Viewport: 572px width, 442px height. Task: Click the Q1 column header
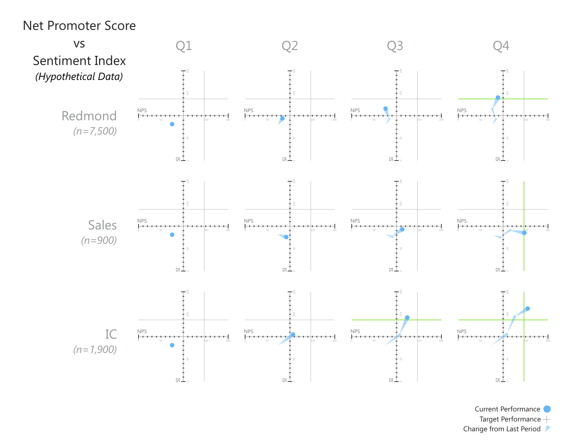(x=184, y=46)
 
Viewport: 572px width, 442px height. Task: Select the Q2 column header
(x=290, y=46)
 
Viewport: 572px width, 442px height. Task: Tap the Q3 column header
(x=395, y=46)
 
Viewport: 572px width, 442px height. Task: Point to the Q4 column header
(x=501, y=46)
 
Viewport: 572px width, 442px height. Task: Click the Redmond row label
(x=89, y=116)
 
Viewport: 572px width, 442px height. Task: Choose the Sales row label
(x=102, y=225)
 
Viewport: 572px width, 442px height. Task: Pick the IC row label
(x=111, y=334)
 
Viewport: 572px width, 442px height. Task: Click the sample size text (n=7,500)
(x=95, y=131)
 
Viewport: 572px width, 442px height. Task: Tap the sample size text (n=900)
(x=99, y=240)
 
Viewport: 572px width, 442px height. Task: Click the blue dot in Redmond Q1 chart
(x=172, y=124)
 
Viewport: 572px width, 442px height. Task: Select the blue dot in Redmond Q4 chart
(x=498, y=97)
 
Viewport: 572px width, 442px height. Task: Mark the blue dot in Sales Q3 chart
(x=402, y=229)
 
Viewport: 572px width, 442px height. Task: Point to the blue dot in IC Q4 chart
(x=527, y=309)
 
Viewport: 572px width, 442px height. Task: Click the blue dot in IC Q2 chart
(x=293, y=335)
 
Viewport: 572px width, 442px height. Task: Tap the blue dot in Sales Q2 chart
(x=286, y=237)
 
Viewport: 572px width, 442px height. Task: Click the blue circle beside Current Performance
(x=547, y=409)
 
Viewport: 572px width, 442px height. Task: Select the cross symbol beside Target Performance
(x=547, y=419)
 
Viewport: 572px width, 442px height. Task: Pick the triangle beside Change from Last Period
(x=548, y=429)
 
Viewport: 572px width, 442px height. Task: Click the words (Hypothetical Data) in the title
(x=79, y=77)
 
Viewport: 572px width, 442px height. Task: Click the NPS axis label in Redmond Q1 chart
(x=142, y=110)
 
